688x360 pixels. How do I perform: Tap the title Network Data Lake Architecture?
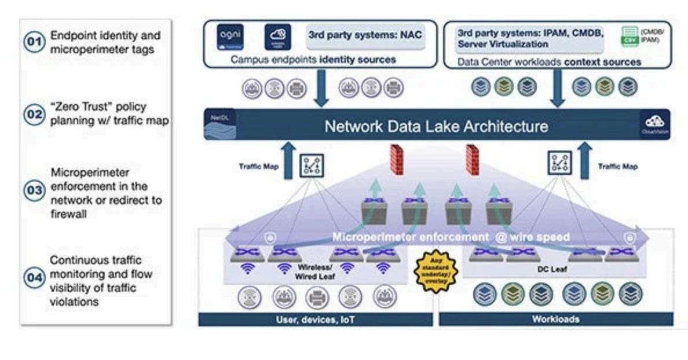tap(436, 126)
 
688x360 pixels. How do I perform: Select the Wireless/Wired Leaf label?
tap(314, 272)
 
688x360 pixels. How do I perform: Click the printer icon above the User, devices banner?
tap(317, 297)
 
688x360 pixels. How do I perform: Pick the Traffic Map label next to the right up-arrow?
tap(618, 167)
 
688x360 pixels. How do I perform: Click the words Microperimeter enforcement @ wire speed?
tap(451, 237)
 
